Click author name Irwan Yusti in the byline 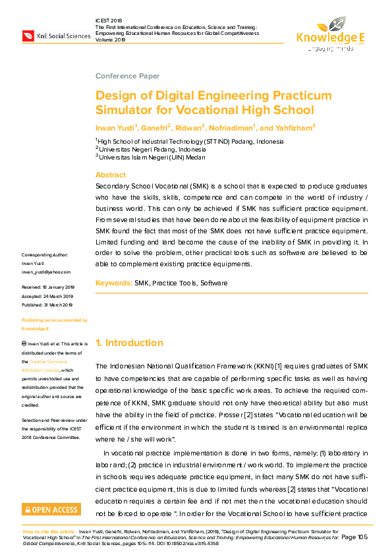coord(115,127)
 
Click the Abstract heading coord(111,175)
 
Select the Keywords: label coord(113,283)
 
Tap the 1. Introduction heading coord(129,343)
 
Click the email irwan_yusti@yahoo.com coord(46,272)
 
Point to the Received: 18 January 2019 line coord(49,287)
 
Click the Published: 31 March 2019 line coord(48,305)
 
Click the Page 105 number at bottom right coord(354,538)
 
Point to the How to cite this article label coord(49,531)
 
